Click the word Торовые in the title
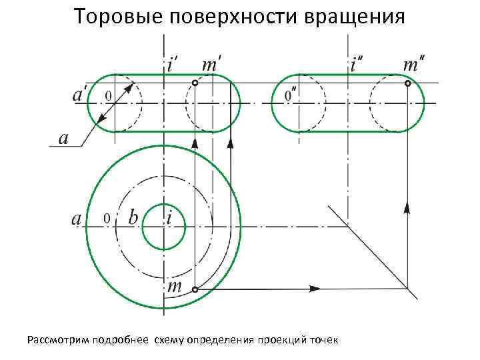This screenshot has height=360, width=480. click(113, 16)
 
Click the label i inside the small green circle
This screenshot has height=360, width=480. click(170, 217)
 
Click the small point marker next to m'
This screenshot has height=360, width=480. click(195, 83)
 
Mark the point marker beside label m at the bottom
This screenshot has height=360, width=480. click(195, 289)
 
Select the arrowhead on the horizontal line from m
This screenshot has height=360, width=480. click(313, 289)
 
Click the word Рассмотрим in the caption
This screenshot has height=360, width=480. click(56, 341)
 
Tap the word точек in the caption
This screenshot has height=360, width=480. click(323, 341)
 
